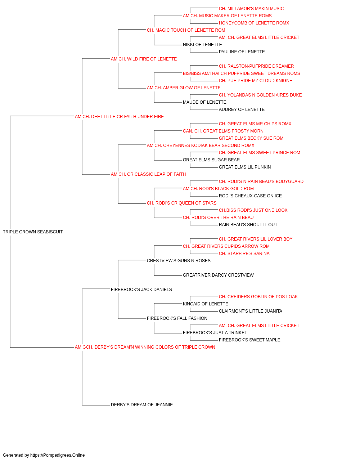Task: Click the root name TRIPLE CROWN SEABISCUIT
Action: coord(33,232)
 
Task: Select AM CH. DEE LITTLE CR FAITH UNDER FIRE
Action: coord(119,117)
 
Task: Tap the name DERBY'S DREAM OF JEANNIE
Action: coord(141,405)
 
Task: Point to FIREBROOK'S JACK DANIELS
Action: coord(141,290)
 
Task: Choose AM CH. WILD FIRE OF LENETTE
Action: coord(144,59)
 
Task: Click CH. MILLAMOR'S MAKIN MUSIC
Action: coord(251,9)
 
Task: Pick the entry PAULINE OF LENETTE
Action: coord(242,52)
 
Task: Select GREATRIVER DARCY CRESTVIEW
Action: coord(218,275)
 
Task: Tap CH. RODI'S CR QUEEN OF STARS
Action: coord(181,203)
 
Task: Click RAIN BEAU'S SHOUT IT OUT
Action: coord(248,225)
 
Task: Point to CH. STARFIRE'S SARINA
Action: coord(244,254)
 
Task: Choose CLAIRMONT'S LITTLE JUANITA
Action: coord(251,311)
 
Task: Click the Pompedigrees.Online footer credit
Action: coord(44,455)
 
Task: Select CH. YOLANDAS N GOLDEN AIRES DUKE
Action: coord(260,95)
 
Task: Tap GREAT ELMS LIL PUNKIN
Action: coord(245,167)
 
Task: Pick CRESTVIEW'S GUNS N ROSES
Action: coord(179,261)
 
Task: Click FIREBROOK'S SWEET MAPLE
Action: coord(249,340)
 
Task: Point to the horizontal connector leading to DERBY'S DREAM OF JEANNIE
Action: coord(96,405)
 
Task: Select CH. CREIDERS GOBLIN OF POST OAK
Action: coord(258,297)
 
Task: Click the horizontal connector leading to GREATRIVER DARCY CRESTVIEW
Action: coord(168,276)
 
